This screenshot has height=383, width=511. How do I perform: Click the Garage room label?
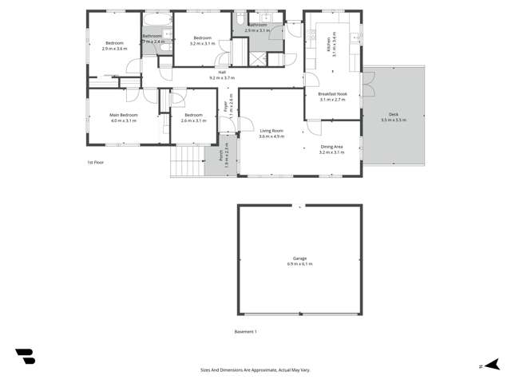click(x=299, y=259)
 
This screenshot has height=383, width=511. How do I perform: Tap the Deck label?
click(x=394, y=115)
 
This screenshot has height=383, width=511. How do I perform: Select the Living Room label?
click(x=271, y=131)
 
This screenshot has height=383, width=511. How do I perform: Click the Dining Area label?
click(x=332, y=146)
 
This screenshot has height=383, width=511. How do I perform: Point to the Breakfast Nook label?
click(x=332, y=94)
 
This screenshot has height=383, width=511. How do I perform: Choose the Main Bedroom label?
click(x=124, y=115)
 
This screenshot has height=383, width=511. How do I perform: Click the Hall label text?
click(x=222, y=73)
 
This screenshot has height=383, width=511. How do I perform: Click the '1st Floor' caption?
click(x=96, y=162)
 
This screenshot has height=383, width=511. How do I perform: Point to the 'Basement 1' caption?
click(x=245, y=331)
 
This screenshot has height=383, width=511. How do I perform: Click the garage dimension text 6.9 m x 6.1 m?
click(x=299, y=263)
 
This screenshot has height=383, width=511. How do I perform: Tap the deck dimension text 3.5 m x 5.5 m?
click(x=394, y=120)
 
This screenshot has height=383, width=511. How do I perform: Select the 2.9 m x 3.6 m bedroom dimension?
click(x=115, y=49)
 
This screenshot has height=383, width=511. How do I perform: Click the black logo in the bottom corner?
click(x=25, y=357)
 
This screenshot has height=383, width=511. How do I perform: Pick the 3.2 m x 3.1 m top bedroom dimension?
click(x=201, y=44)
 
